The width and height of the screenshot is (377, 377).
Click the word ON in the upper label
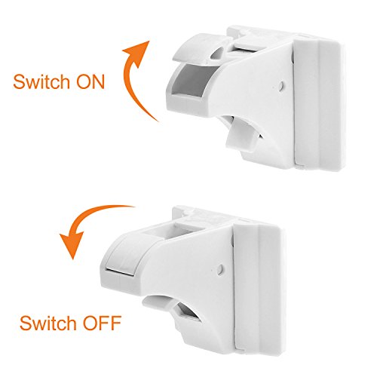point(90,82)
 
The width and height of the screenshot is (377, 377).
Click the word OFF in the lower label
point(103,323)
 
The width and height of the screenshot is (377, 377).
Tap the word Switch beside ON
point(41,81)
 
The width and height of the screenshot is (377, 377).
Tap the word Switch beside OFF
point(48,323)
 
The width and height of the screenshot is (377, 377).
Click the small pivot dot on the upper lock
point(282,85)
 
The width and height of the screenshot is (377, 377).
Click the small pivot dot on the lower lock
point(221,269)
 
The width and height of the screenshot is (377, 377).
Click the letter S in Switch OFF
point(26,323)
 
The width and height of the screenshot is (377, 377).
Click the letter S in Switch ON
point(19,82)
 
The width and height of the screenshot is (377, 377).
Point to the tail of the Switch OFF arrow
point(133,207)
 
